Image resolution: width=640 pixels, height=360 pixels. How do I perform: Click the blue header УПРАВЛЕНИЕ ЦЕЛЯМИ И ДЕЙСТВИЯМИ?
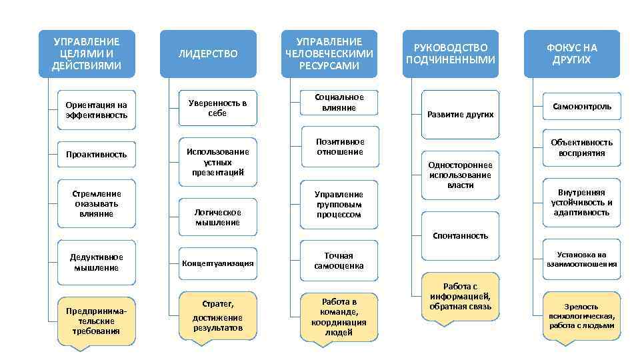tap(87, 54)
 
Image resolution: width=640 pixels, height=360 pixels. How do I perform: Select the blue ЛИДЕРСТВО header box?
tap(207, 54)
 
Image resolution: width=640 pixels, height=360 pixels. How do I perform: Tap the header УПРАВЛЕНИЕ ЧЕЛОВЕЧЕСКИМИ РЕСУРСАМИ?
tap(329, 54)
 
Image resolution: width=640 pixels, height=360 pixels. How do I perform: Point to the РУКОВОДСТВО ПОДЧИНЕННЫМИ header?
tap(451, 54)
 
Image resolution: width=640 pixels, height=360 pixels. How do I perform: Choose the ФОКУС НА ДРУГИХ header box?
tap(572, 54)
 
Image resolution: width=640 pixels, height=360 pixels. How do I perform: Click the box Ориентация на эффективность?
tap(97, 110)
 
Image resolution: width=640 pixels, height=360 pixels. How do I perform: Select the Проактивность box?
tap(97, 154)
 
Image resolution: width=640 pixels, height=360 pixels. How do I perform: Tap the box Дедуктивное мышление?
tap(97, 262)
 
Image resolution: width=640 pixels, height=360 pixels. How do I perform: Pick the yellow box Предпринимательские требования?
tap(97, 321)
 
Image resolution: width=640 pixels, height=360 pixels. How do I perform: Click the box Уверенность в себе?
tap(217, 108)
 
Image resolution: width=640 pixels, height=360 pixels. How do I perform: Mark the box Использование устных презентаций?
tap(217, 161)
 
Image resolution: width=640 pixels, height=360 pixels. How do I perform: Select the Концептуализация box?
tap(217, 263)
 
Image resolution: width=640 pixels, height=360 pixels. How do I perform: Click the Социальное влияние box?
tap(339, 103)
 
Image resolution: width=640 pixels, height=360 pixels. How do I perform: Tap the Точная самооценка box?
tap(339, 261)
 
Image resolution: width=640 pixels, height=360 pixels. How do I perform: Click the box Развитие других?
tap(460, 114)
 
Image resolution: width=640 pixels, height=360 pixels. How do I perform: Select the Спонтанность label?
tap(460, 235)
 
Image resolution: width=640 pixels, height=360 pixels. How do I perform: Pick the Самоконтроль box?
tap(581, 106)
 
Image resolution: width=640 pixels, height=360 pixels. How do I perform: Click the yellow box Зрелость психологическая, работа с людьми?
tap(581, 316)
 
